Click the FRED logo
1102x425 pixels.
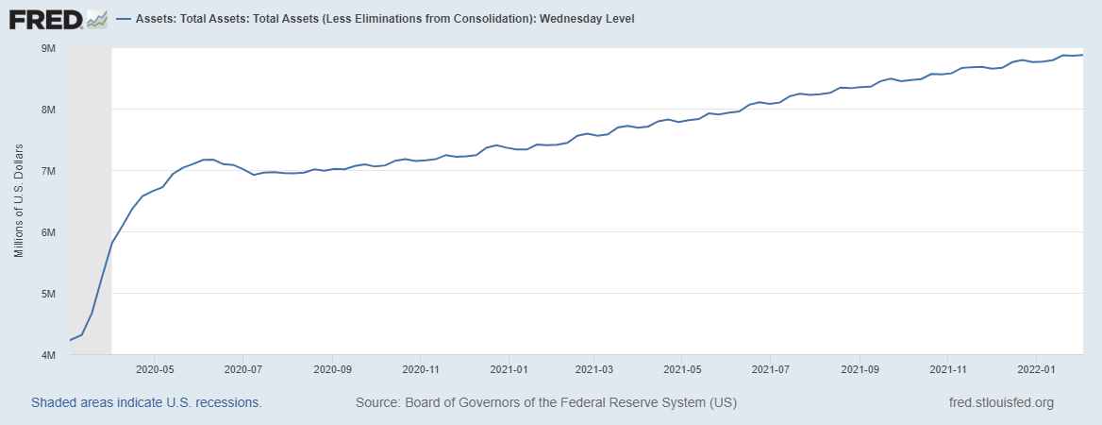(x=58, y=19)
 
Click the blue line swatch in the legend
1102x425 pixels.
(x=124, y=19)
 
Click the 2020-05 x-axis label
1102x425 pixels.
(x=155, y=370)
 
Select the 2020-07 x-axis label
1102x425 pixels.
(x=242, y=370)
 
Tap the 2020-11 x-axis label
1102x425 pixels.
(x=420, y=370)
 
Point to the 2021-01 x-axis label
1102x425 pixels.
(x=509, y=370)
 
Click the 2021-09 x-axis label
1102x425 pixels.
(x=860, y=370)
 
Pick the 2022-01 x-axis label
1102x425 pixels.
(x=1036, y=370)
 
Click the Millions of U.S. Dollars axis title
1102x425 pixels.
(x=19, y=201)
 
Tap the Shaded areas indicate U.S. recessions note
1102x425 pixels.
(x=146, y=402)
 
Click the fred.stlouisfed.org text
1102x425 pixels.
(x=1000, y=402)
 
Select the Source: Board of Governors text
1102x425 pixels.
(x=546, y=402)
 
